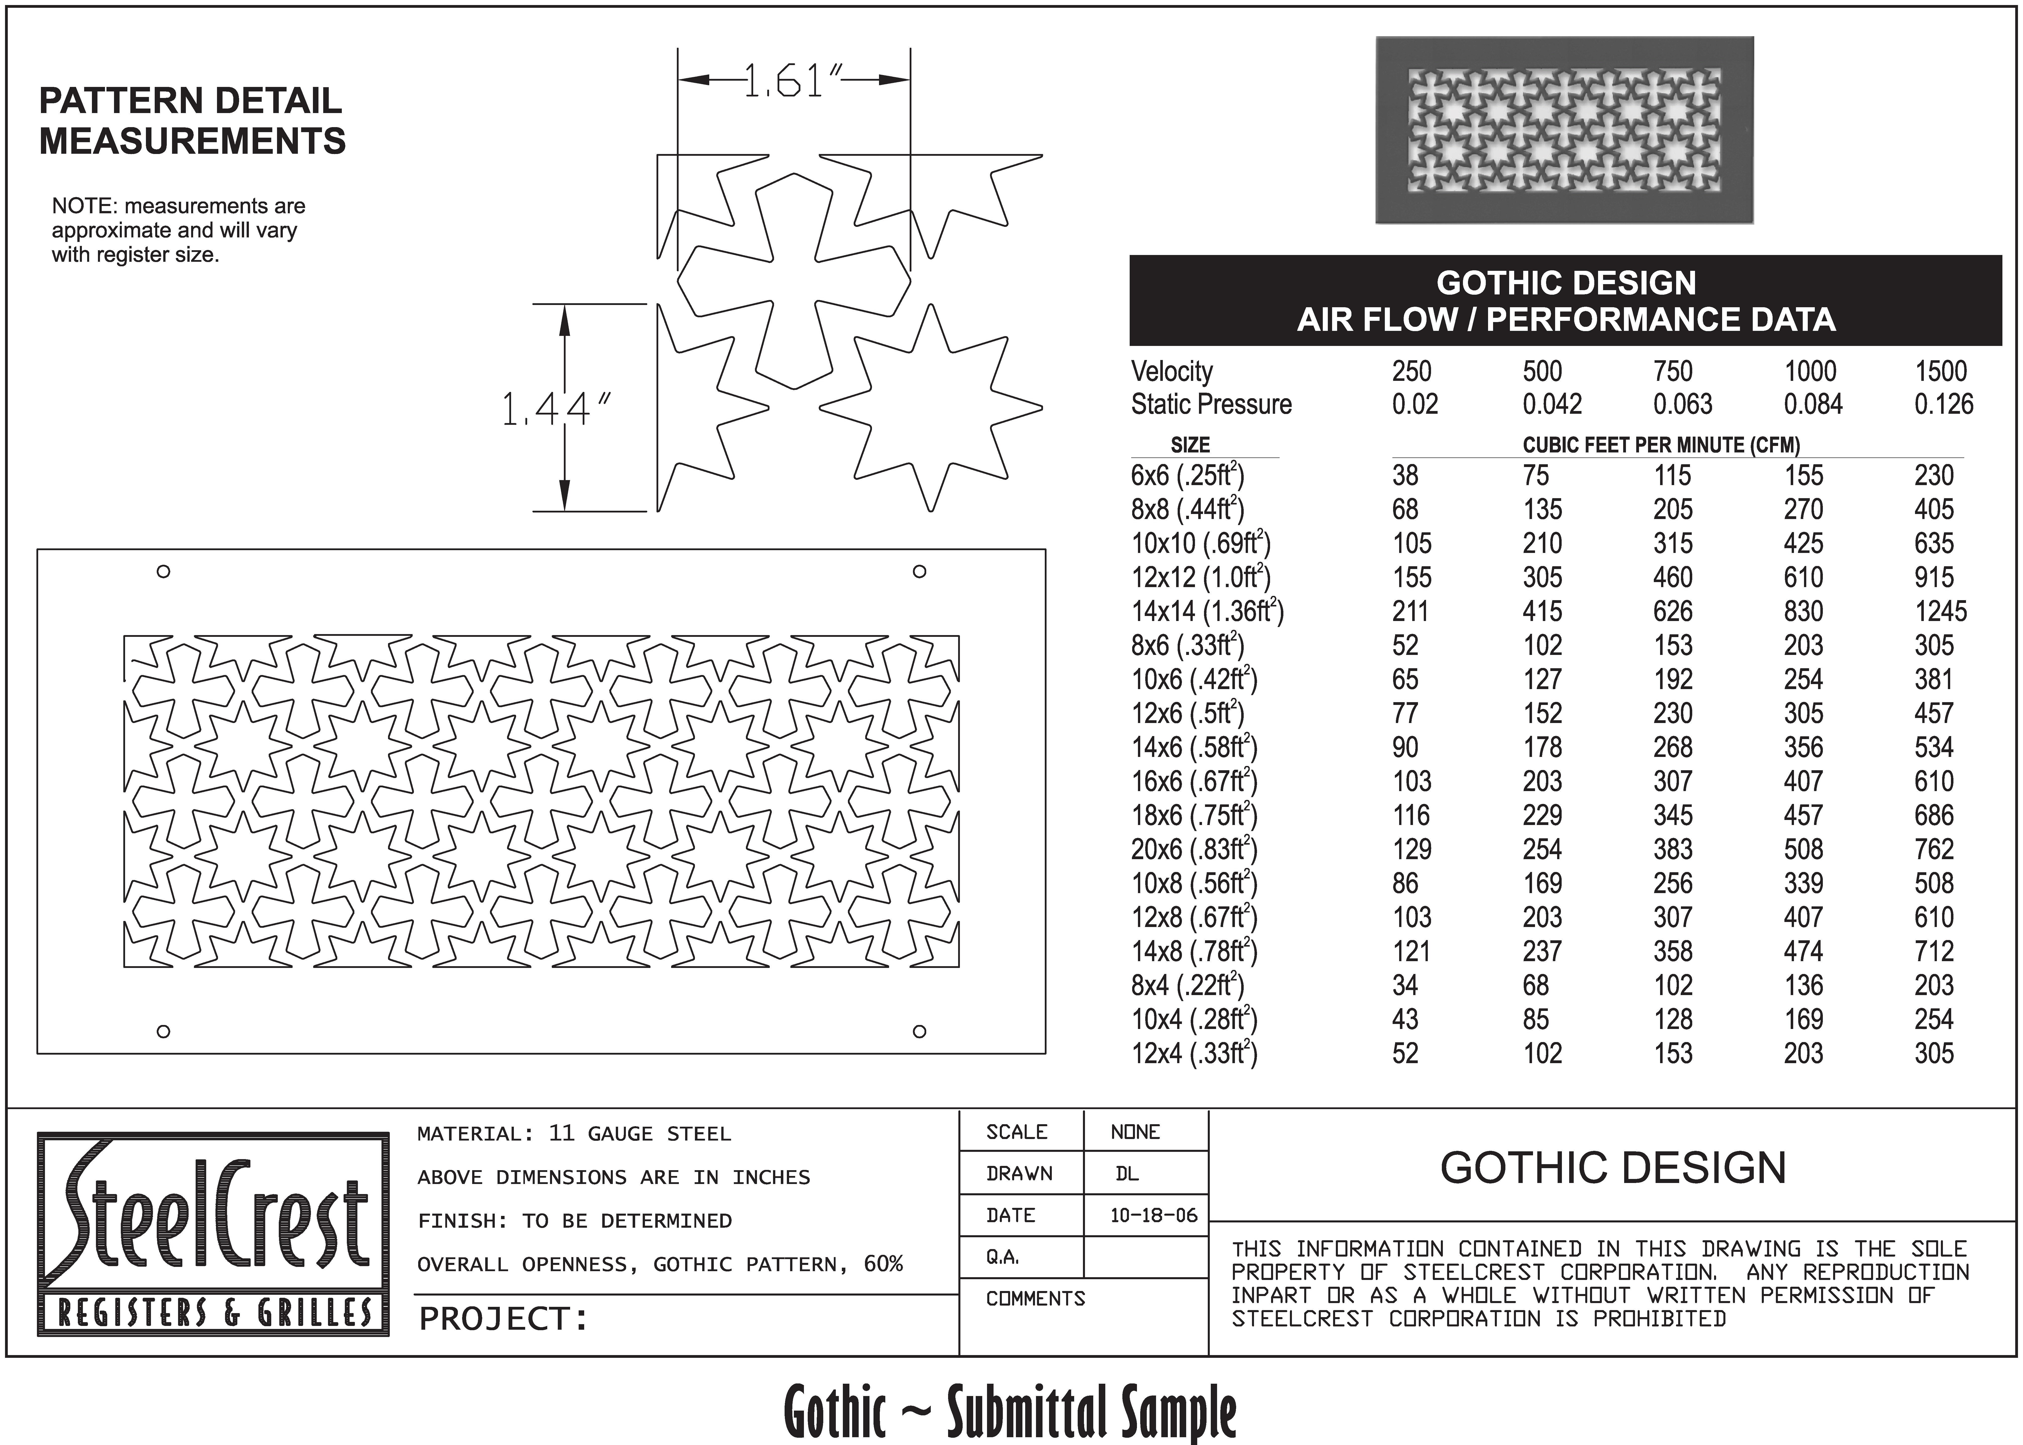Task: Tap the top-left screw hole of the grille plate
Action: point(163,571)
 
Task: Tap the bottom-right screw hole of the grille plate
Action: point(920,1031)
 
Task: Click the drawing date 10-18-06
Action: point(1153,1215)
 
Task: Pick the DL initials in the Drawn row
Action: point(1127,1174)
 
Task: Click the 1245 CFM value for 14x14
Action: point(1940,611)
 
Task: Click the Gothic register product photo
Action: point(1564,130)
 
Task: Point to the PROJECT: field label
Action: point(504,1319)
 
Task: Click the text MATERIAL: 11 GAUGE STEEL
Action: point(574,1133)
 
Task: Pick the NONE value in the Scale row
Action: point(1135,1132)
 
